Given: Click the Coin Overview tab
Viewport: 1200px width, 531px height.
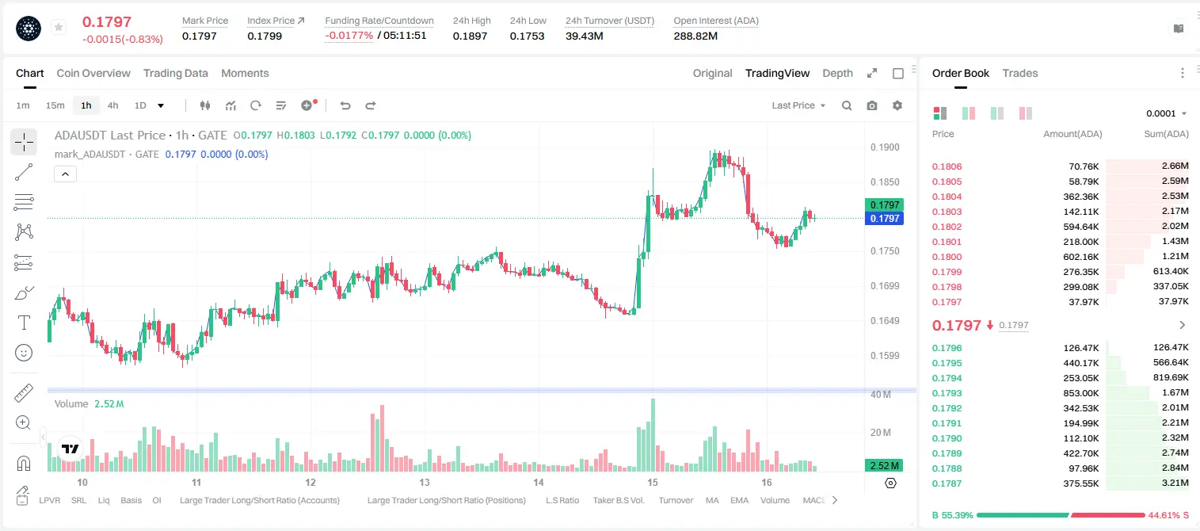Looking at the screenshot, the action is tap(93, 73).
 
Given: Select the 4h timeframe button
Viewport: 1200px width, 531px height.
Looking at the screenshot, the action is tap(112, 105).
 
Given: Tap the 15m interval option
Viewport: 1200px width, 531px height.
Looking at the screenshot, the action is tap(55, 105).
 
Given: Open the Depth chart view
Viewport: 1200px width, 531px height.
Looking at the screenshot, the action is tap(837, 73).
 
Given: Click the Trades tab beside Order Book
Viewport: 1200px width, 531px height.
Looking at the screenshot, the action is tap(1020, 73).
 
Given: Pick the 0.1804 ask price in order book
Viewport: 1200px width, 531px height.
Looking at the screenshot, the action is tap(947, 197).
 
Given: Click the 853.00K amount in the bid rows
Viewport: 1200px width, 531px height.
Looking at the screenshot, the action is tap(1080, 393).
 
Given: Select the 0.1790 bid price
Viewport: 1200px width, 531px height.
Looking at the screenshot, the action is tap(947, 438).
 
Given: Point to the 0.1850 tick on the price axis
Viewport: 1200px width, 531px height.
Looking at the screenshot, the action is tap(885, 182).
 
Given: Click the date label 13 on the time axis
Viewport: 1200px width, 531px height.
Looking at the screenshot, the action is tap(425, 482).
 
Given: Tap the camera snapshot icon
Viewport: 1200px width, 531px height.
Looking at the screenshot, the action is tap(872, 105).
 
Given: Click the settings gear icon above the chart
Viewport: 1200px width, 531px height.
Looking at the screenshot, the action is tap(897, 105).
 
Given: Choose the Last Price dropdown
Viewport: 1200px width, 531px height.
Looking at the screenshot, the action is tap(798, 105).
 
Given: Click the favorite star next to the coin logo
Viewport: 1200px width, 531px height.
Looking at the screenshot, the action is tap(59, 27).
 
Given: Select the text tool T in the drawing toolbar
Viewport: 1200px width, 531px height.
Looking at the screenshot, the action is tap(24, 323).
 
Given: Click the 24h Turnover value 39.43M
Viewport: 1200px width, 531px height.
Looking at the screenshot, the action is tap(584, 36).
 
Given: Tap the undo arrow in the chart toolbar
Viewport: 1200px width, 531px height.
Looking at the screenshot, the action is tap(345, 105).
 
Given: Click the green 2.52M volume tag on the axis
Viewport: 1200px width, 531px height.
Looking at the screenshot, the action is tap(884, 466).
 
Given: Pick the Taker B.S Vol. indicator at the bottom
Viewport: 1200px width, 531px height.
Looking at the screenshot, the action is tap(618, 500).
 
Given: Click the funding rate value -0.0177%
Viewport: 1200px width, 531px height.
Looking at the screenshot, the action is tap(349, 36).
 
